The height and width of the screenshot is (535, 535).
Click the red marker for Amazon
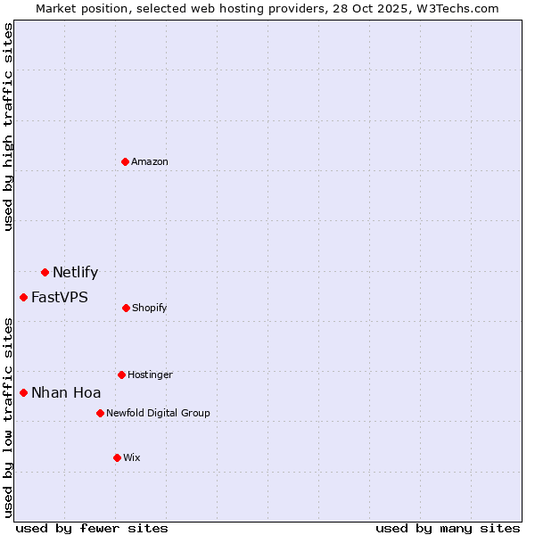click(126, 161)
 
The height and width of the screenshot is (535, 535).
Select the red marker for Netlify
click(45, 272)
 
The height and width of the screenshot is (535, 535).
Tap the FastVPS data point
click(23, 297)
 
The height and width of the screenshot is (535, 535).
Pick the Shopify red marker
click(126, 308)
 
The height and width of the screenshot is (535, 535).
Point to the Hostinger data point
click(121, 374)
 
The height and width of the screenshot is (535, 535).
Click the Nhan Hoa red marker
click(23, 392)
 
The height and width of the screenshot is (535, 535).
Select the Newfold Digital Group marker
click(100, 413)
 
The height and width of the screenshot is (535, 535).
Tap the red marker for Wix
click(117, 457)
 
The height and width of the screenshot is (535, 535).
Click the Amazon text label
click(150, 161)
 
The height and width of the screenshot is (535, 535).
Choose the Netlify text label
click(75, 273)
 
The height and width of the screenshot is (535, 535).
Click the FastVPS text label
click(60, 298)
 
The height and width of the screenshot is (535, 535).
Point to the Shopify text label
click(150, 308)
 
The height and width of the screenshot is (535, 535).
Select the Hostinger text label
click(150, 374)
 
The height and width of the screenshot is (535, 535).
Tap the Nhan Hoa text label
click(66, 393)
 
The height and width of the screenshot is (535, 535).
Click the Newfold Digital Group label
click(159, 413)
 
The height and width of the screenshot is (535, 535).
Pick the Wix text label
click(132, 457)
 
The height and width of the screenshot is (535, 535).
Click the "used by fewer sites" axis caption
click(92, 528)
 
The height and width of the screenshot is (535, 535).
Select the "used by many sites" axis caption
click(448, 528)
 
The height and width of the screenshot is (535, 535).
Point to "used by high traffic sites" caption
click(8, 127)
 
